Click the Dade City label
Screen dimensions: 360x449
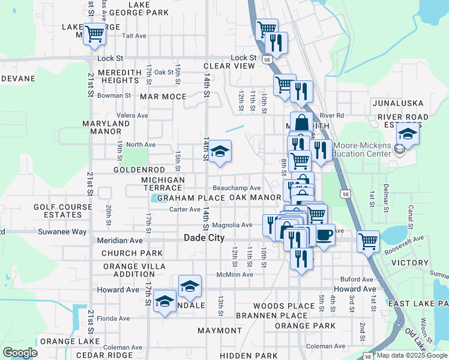[x=203, y=238]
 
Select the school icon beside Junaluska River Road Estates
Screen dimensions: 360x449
[x=408, y=135]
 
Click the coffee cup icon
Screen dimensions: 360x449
[x=325, y=234]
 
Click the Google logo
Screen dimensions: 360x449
[x=20, y=353]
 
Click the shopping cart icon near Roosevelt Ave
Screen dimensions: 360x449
[x=367, y=241]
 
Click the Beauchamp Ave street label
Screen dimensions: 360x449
[x=237, y=188]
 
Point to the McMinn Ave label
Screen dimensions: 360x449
[x=235, y=275]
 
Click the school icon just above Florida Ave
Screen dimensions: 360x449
[x=164, y=302]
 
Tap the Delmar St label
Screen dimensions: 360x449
[x=386, y=195]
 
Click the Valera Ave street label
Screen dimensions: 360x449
[x=133, y=115]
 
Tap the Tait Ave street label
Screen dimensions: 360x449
[x=134, y=36]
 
